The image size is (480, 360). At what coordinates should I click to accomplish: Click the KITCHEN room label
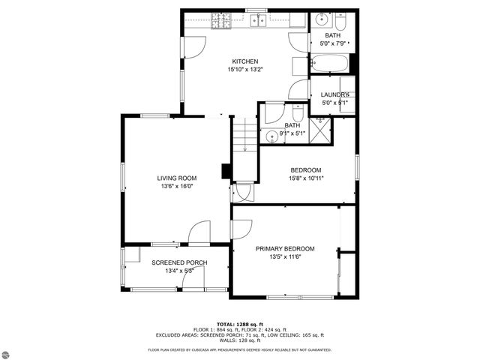pos(244,61)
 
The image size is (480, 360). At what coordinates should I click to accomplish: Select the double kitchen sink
pos(258,20)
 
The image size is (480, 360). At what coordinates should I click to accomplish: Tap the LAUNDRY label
pos(335,94)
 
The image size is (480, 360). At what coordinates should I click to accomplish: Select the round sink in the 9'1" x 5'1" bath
pos(271,136)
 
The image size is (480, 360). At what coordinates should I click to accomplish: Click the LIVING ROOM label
pos(176,178)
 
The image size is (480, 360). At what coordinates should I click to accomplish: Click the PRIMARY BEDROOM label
pos(285,248)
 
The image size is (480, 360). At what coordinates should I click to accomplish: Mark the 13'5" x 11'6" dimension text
pos(285,257)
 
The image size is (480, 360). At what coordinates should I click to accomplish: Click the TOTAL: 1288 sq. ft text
pos(239,324)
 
